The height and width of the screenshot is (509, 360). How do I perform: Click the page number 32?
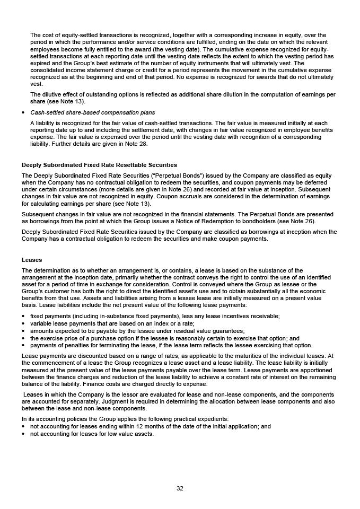click(180, 488)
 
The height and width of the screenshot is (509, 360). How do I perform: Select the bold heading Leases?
click(32, 260)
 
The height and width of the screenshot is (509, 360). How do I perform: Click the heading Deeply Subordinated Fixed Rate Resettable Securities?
click(99, 165)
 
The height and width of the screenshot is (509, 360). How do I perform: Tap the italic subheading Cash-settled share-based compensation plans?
click(93, 112)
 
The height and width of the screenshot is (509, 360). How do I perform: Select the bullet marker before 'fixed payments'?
click(24, 316)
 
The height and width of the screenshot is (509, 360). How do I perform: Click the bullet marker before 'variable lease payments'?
click(24, 323)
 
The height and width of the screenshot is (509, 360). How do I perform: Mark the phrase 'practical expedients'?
click(201, 419)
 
